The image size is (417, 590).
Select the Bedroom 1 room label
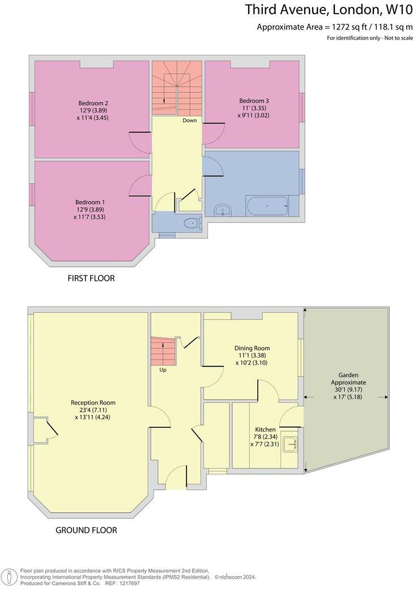90,202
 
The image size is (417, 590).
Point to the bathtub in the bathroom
267,205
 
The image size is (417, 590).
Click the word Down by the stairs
189,120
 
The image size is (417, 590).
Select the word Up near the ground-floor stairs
163,369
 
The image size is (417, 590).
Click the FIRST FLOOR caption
91,279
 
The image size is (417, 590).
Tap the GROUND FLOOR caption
86,530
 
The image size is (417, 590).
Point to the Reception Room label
94,403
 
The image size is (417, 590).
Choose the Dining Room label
252,348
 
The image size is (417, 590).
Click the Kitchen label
265,429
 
